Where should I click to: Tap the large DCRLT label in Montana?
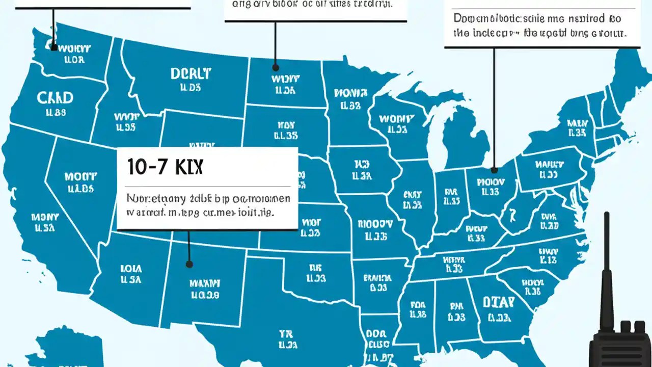click(191, 74)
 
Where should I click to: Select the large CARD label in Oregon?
click(56, 97)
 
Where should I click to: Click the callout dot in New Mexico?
click(189, 264)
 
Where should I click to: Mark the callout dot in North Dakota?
click(276, 67)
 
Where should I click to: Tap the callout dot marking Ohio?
click(494, 170)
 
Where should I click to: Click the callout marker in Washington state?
click(54, 47)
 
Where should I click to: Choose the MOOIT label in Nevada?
click(80, 177)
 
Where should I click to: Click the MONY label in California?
click(45, 218)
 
